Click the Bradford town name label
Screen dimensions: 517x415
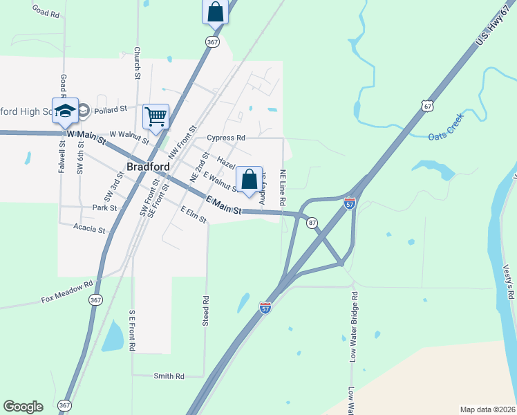coord(149,167)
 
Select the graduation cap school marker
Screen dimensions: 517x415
coord(65,111)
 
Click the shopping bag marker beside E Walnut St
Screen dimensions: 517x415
coord(249,179)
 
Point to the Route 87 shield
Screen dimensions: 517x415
coord(312,222)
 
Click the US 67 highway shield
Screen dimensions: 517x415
coord(429,105)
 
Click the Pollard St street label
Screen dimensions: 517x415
coord(111,109)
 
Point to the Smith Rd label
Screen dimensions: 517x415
coord(169,376)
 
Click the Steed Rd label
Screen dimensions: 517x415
coord(205,311)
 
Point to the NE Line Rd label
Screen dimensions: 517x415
coord(282,187)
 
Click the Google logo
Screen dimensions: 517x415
coord(23,407)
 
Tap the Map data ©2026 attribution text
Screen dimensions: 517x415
coord(487,409)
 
